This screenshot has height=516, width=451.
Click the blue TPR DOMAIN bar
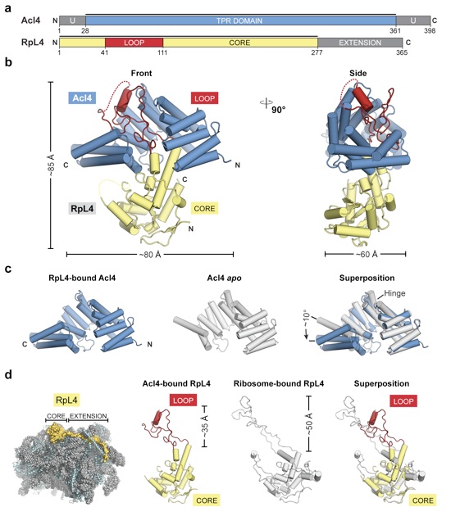[x=240, y=20]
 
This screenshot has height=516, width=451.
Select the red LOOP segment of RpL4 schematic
[x=134, y=43]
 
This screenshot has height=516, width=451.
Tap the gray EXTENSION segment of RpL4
[x=360, y=43]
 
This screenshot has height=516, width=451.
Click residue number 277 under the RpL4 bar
[x=317, y=52]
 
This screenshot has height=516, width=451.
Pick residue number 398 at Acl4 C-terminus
[x=430, y=31]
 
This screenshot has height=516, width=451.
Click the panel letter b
[x=8, y=62]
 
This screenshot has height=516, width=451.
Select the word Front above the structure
[x=142, y=73]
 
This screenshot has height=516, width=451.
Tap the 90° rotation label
[x=278, y=110]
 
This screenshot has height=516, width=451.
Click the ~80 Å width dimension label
[x=150, y=255]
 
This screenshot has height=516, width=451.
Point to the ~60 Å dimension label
[x=367, y=254]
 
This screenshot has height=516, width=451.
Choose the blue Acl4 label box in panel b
[x=82, y=98]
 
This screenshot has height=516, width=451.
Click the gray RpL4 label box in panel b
[x=82, y=209]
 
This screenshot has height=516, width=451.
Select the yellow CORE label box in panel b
[x=204, y=209]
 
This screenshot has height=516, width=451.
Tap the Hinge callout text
[x=394, y=293]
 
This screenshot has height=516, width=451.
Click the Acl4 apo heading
[x=225, y=278]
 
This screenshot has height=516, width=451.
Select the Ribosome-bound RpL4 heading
[x=279, y=383]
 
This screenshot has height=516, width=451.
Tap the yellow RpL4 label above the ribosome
[x=67, y=401]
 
